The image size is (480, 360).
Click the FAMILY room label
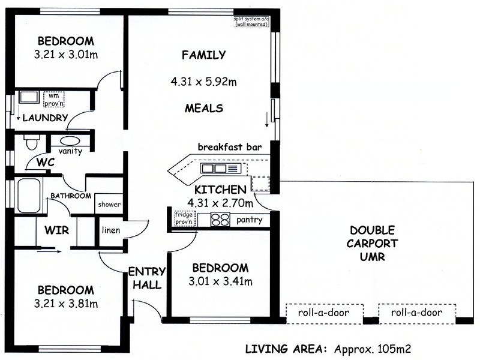click(203, 55)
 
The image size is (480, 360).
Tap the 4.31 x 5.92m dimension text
click(203, 81)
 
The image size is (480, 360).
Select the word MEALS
click(203, 109)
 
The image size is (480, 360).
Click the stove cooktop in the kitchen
click(221, 220)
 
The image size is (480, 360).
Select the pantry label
click(250, 220)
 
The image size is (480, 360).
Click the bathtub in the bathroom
click(28, 196)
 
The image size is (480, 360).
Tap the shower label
click(109, 205)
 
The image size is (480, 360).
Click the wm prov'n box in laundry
click(53, 98)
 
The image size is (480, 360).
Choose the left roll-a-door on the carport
click(325, 313)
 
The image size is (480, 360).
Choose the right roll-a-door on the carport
click(416, 313)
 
